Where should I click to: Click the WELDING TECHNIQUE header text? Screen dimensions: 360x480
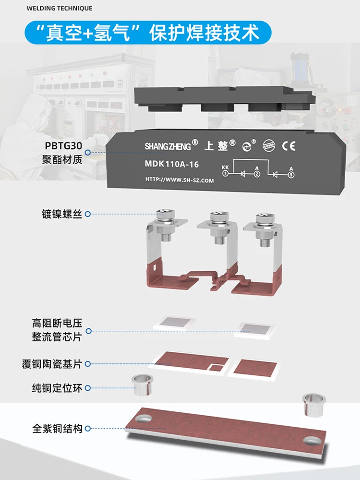[60, 8]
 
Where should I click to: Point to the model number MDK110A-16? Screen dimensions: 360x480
[171, 165]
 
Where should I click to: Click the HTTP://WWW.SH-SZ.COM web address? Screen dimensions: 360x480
[180, 180]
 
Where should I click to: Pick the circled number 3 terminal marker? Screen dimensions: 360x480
[291, 174]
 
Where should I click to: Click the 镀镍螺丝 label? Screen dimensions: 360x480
[62, 214]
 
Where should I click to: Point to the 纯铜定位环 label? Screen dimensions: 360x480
[57, 388]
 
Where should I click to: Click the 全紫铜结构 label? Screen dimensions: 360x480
[58, 429]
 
